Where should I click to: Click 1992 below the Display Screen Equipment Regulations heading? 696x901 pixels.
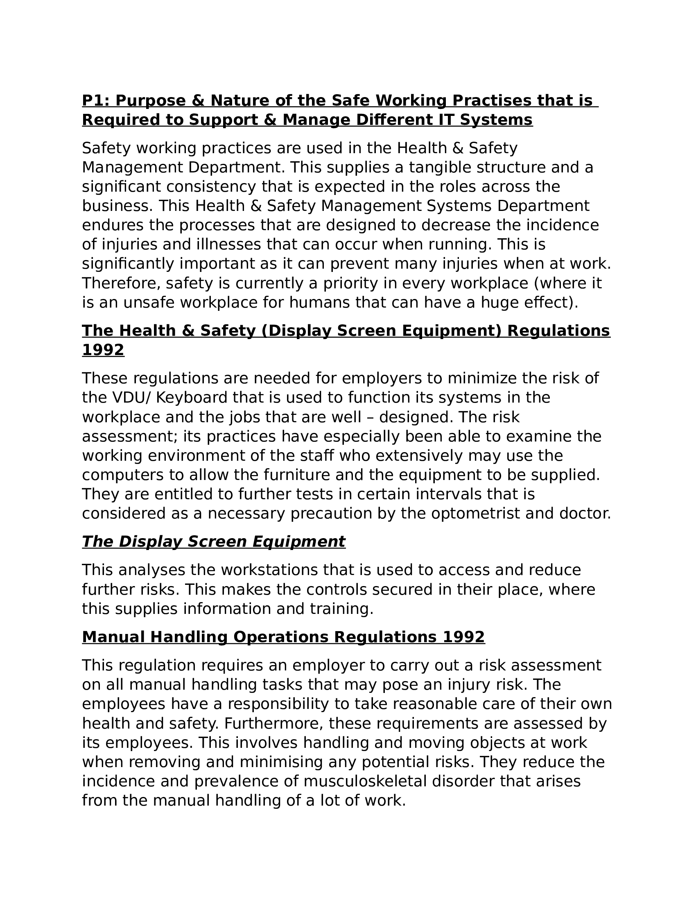click(103, 350)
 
